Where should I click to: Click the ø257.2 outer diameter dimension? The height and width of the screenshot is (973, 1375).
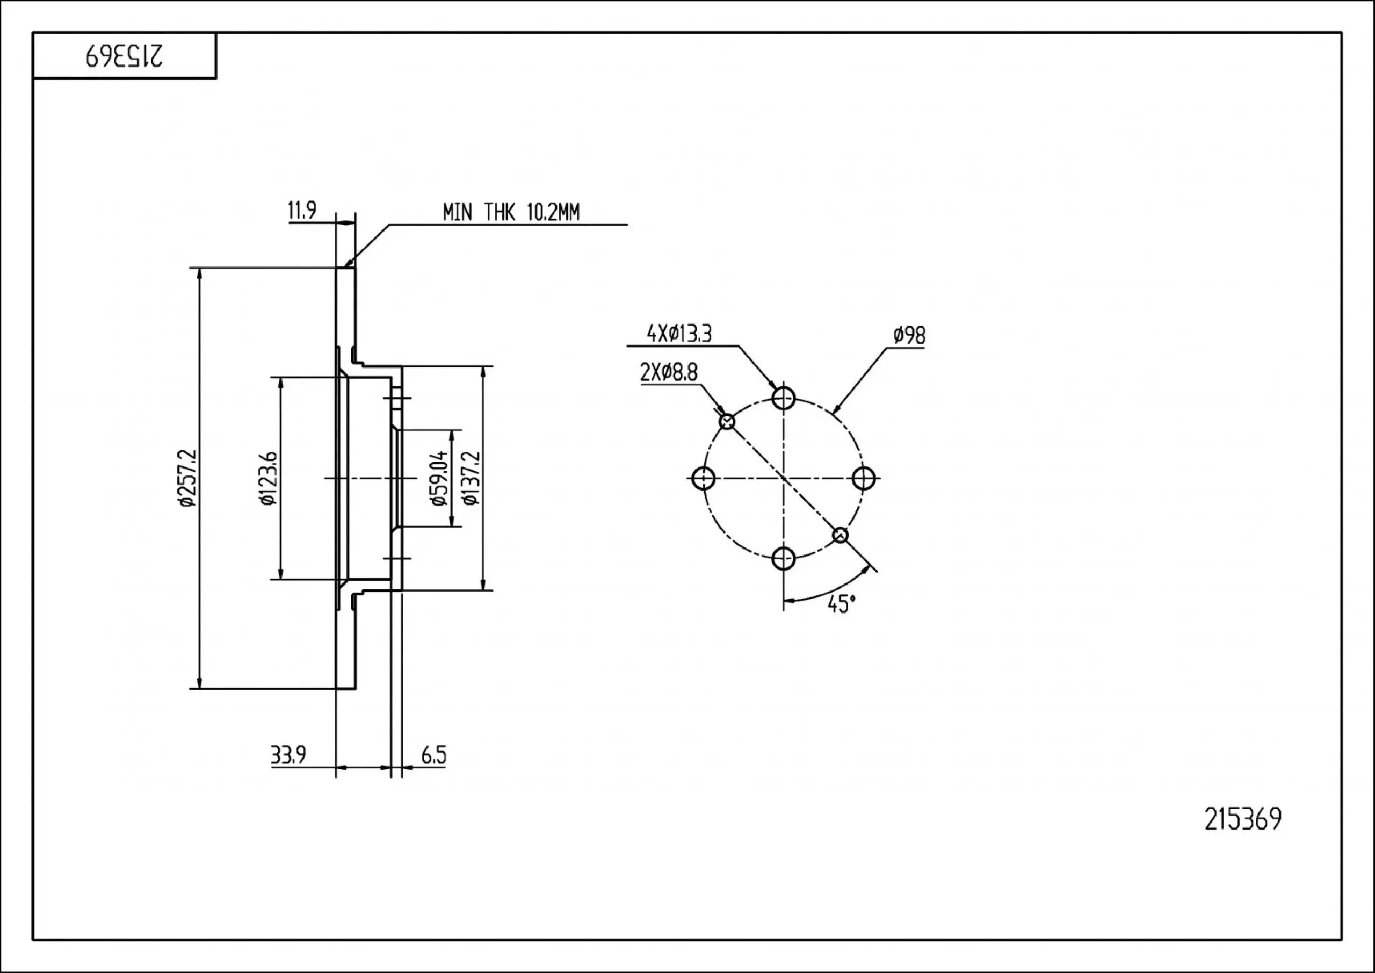(x=187, y=478)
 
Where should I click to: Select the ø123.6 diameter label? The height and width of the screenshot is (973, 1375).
(x=269, y=478)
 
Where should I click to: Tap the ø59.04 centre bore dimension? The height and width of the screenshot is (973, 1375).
(x=439, y=478)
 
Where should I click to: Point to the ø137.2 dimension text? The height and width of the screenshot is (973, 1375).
(x=471, y=478)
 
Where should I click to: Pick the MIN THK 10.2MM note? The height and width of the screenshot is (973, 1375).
(x=511, y=212)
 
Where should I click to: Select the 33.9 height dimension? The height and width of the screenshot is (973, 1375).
(x=288, y=755)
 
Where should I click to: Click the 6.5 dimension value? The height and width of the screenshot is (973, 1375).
(x=433, y=755)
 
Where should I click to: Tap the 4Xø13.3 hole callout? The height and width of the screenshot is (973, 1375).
(x=679, y=334)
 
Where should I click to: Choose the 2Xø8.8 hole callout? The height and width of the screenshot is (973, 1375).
(x=669, y=373)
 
